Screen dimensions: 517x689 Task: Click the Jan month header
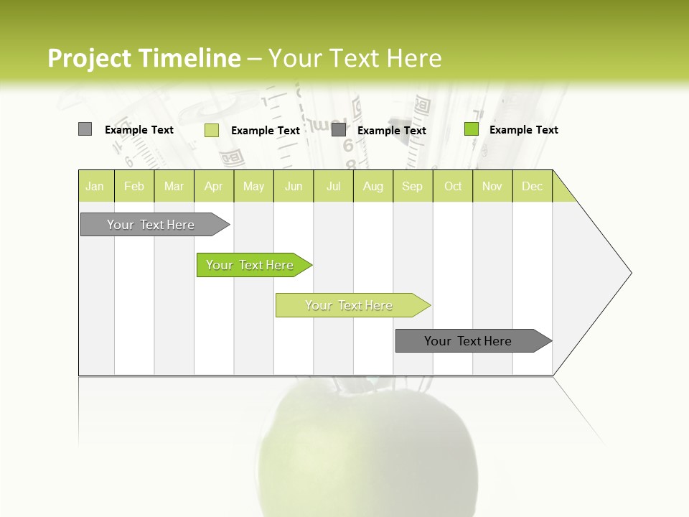pos(95,186)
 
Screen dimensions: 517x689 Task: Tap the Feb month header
pos(134,186)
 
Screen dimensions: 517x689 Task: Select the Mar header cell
pos(174,186)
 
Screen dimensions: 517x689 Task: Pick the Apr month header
pos(214,186)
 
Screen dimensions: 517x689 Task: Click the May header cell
pos(253,186)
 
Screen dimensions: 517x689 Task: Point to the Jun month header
pos(294,186)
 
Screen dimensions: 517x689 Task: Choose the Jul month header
pos(333,186)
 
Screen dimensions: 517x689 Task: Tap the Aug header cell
pos(373,186)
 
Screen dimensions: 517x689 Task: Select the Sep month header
pos(413,186)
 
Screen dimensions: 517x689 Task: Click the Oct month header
pos(453,186)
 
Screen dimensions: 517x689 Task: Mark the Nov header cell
pos(492,186)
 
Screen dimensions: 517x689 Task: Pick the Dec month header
pos(533,186)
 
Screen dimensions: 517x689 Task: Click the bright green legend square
pos(472,129)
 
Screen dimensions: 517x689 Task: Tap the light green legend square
pos(212,130)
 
